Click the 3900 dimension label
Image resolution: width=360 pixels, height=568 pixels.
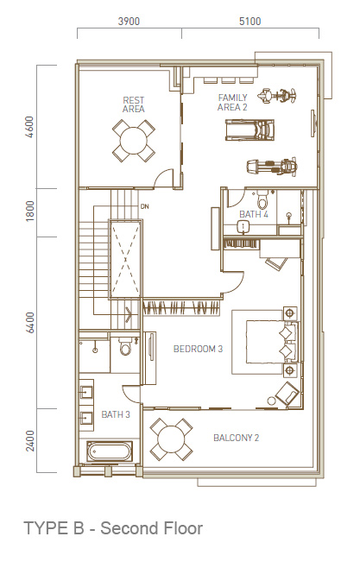tap(129, 22)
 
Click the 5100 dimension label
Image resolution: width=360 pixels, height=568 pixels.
tap(249, 22)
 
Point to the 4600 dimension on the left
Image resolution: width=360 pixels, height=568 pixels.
tap(29, 127)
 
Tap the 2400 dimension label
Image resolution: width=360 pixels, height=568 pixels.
tap(29, 441)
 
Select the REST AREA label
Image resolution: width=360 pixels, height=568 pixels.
tap(133, 104)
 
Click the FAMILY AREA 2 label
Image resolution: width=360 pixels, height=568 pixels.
tap(232, 103)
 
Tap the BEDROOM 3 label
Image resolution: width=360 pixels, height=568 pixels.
tap(198, 349)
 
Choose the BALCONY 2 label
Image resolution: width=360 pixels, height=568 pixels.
tap(237, 438)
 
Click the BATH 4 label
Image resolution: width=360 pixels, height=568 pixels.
tap(254, 214)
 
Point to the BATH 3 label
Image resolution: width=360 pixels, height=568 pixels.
tap(116, 414)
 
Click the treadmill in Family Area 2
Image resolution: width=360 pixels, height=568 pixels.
tap(249, 129)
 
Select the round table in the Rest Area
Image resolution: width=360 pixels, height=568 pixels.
tap(134, 141)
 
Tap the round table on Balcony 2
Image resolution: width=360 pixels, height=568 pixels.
tap(171, 439)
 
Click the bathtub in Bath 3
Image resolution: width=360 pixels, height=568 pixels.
tap(109, 451)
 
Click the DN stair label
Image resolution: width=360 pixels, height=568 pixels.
tap(145, 206)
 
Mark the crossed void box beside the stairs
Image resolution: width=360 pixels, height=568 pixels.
tap(125, 259)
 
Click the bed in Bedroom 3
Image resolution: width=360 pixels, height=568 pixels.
tap(271, 341)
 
